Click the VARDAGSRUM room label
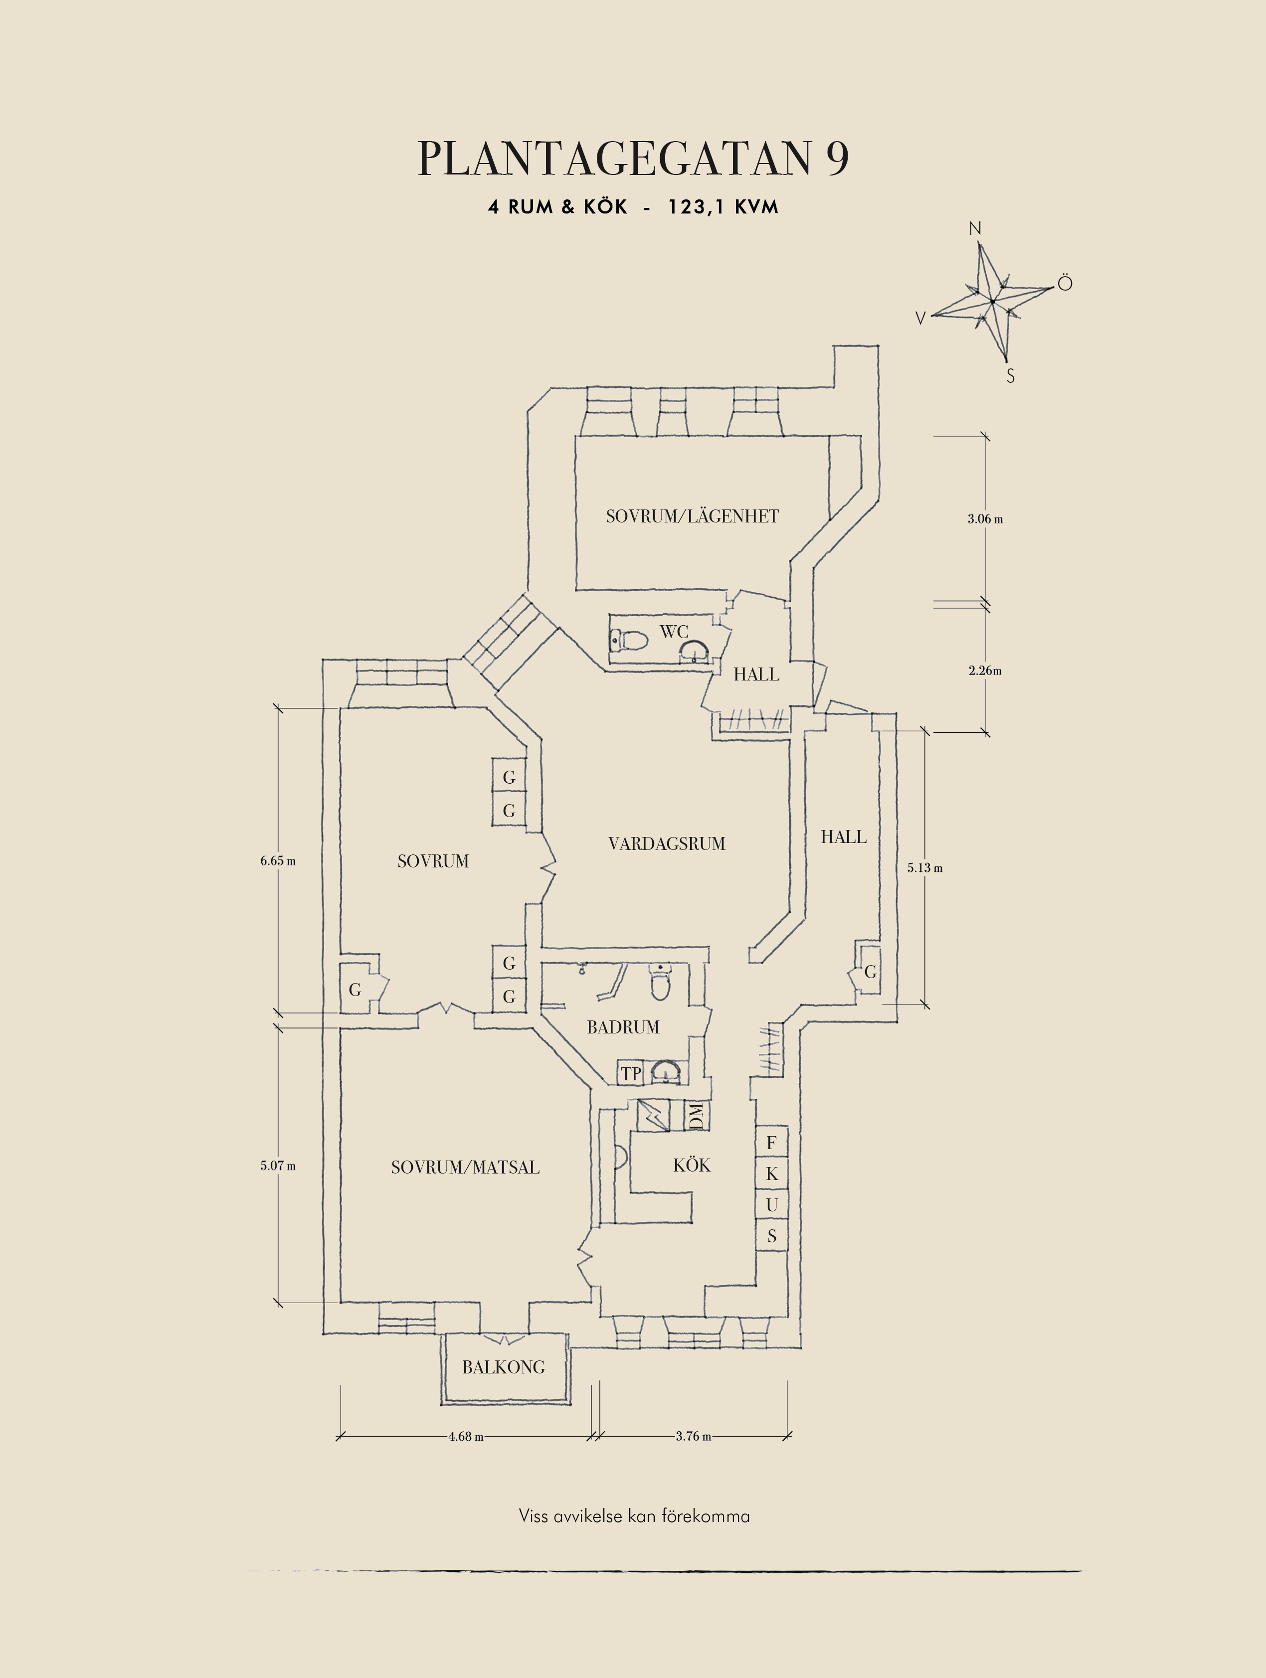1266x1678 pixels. pyautogui.click(x=667, y=843)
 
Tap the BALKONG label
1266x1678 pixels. pyautogui.click(x=504, y=1367)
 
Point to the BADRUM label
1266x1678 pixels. pyautogui.click(x=623, y=1027)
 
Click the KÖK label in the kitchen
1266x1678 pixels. pyautogui.click(x=692, y=1165)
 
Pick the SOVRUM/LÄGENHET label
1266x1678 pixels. pyautogui.click(x=692, y=516)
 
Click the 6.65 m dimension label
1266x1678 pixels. pyautogui.click(x=278, y=861)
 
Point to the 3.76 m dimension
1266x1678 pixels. pyautogui.click(x=693, y=1436)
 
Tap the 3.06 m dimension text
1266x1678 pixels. pyautogui.click(x=985, y=519)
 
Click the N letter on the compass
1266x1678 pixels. pyautogui.click(x=975, y=228)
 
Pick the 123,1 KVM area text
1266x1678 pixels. pyautogui.click(x=723, y=207)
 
